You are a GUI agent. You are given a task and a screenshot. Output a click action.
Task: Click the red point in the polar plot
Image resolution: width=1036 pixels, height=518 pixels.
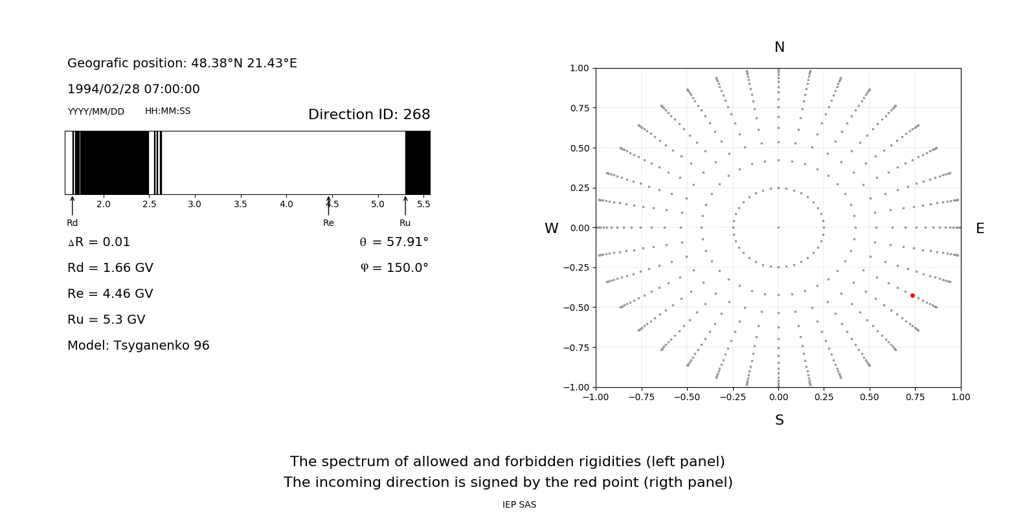pyautogui.click(x=912, y=295)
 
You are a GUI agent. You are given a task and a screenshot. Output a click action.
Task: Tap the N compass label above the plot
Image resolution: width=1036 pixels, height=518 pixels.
pyautogui.click(x=780, y=47)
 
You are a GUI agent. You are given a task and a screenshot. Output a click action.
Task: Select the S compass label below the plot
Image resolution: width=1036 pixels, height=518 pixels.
pyautogui.click(x=780, y=420)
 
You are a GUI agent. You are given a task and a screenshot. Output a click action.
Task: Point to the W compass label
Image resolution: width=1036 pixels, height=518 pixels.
pyautogui.click(x=551, y=229)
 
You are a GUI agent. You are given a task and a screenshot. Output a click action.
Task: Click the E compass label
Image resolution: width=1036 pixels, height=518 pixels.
pyautogui.click(x=980, y=229)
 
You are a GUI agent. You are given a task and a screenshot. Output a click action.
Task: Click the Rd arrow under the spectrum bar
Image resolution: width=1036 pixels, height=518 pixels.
pyautogui.click(x=72, y=205)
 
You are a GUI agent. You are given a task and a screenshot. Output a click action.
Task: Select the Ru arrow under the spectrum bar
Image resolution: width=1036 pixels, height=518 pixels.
pyautogui.click(x=405, y=205)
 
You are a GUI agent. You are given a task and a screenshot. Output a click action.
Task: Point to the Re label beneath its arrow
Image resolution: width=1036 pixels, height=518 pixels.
pyautogui.click(x=328, y=223)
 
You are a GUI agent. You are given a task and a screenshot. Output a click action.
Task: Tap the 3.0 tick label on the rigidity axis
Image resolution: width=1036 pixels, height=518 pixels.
pyautogui.click(x=194, y=205)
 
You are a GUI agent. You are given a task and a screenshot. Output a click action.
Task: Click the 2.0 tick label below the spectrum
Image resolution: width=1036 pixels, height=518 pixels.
pyautogui.click(x=103, y=205)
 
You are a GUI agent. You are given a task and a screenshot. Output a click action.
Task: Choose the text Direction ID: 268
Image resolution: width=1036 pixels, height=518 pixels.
pyautogui.click(x=369, y=115)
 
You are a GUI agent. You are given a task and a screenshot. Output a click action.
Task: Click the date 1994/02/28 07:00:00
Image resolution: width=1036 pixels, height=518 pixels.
pyautogui.click(x=133, y=89)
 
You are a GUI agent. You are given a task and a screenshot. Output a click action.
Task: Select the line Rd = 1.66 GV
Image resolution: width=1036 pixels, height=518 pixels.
pyautogui.click(x=110, y=268)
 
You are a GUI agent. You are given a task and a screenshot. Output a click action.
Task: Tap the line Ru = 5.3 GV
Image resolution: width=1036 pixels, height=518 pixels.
pyautogui.click(x=106, y=320)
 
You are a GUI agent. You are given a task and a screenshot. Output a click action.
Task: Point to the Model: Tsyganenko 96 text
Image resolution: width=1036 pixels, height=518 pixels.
pyautogui.click(x=139, y=346)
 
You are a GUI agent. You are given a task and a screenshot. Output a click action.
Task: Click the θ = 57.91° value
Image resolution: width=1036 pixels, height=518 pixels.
pyautogui.click(x=394, y=242)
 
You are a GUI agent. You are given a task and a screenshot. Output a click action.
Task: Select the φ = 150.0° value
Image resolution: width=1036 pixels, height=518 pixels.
pyautogui.click(x=394, y=268)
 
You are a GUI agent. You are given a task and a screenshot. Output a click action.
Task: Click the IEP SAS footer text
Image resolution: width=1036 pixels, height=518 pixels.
pyautogui.click(x=519, y=505)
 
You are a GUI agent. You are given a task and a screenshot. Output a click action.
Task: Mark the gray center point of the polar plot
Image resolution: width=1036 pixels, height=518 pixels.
pyautogui.click(x=778, y=227)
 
